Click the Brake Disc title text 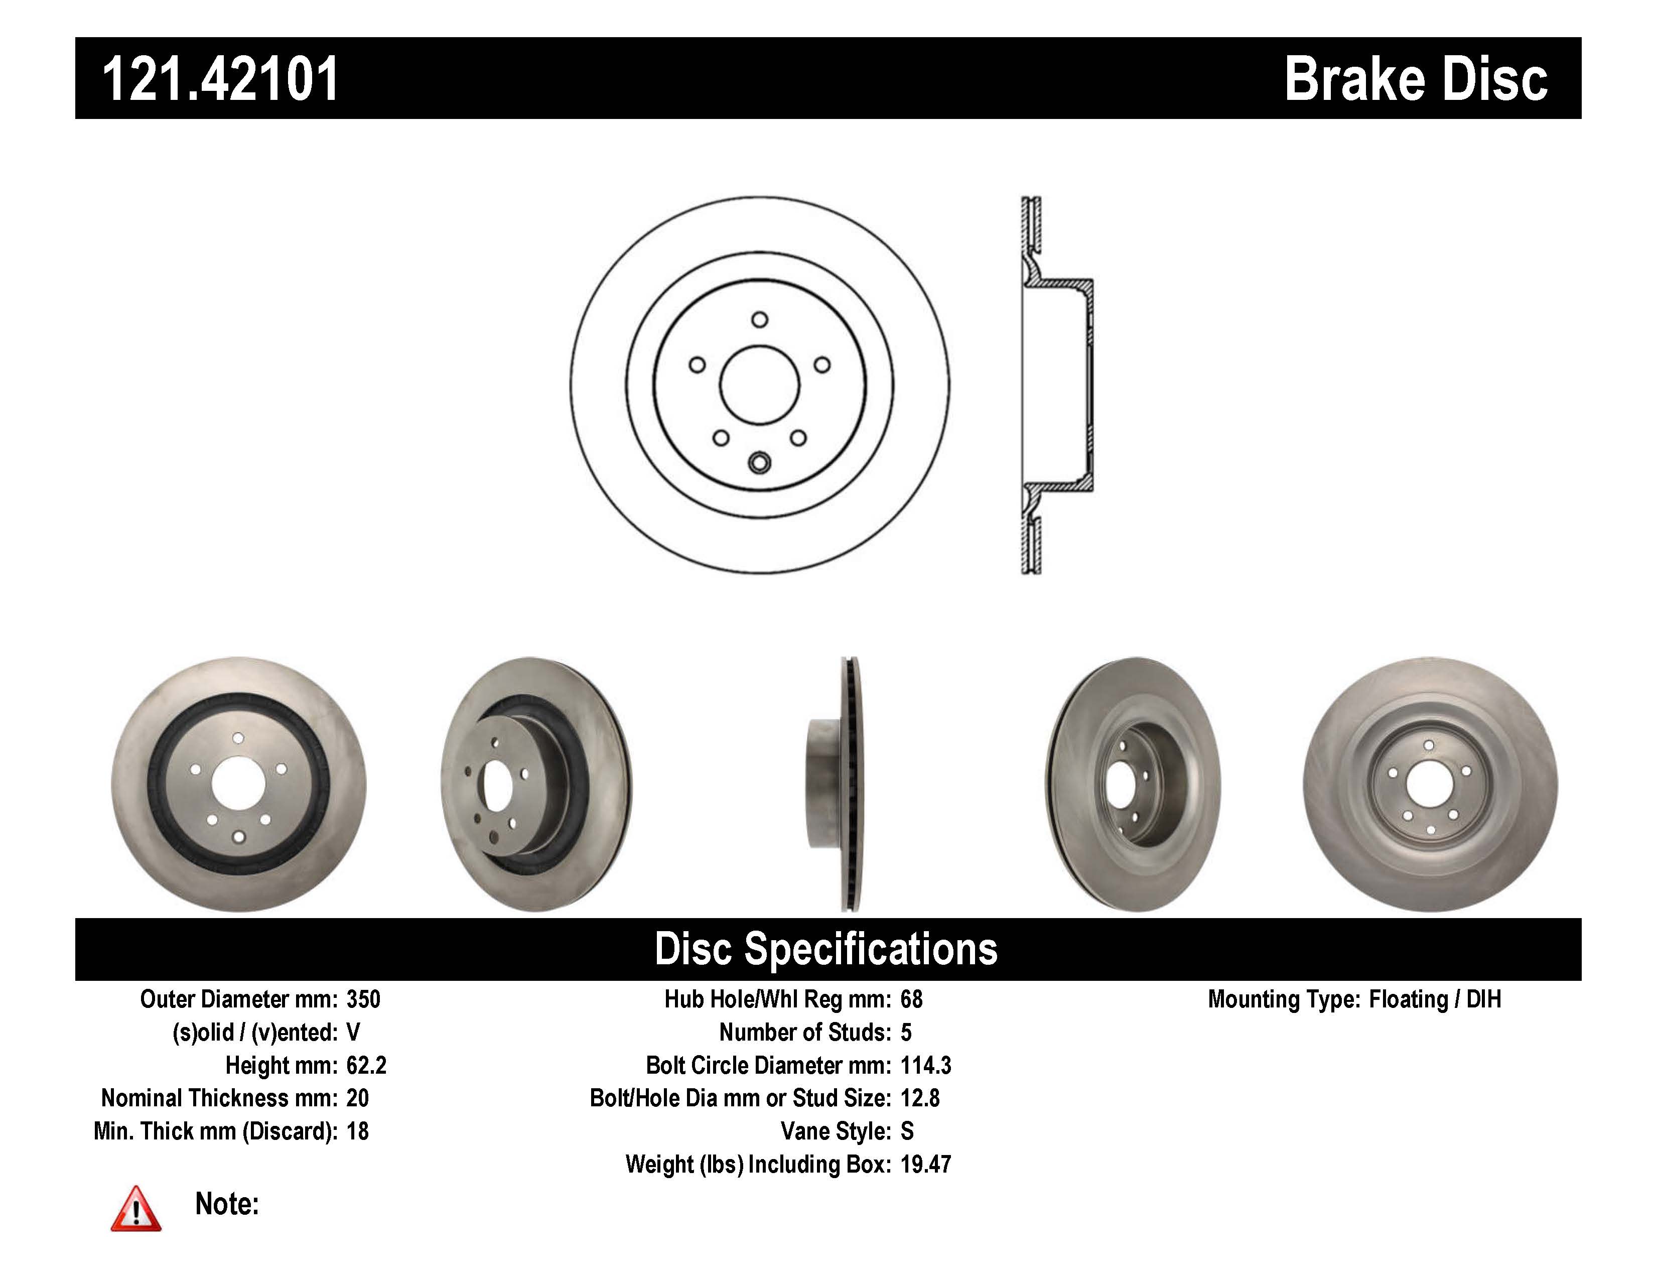(x=1415, y=80)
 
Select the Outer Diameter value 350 (x=363, y=999)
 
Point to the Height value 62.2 (x=366, y=1065)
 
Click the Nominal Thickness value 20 (x=357, y=1098)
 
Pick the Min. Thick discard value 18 (x=357, y=1131)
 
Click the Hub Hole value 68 (x=911, y=999)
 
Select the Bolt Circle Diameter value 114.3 (x=925, y=1065)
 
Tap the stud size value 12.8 (x=920, y=1098)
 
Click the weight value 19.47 (x=925, y=1165)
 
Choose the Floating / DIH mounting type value (x=1435, y=999)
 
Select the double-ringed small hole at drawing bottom (x=759, y=462)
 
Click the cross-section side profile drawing (x=1057, y=385)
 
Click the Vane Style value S (x=907, y=1131)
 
